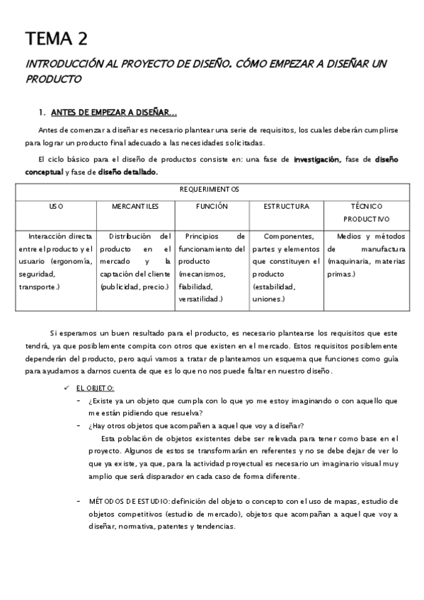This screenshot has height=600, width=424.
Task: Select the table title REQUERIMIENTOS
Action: tap(219, 190)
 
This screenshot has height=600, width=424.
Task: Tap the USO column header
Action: tap(56, 207)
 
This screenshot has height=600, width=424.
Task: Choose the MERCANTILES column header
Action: tap(135, 207)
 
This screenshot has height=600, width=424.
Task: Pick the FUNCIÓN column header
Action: tap(212, 207)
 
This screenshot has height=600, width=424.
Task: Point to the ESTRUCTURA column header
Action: tap(287, 207)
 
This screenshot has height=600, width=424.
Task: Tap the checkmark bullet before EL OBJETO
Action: tap(66, 388)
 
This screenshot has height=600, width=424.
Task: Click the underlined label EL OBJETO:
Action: tap(96, 388)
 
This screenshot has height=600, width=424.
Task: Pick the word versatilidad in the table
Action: tap(201, 299)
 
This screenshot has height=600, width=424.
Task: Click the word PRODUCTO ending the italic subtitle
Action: tap(53, 79)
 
